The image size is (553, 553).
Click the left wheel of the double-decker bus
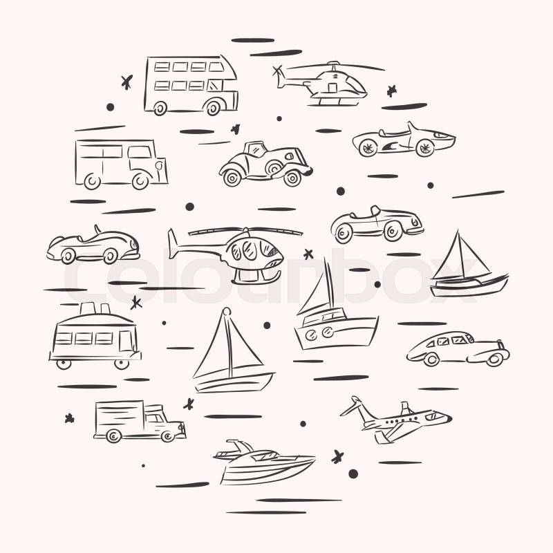(160, 109)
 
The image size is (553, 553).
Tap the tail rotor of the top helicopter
(278, 72)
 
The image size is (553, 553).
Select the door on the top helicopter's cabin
(332, 88)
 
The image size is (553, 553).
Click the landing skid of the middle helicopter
(256, 278)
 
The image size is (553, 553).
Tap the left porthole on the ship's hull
(312, 335)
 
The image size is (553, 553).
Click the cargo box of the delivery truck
(120, 418)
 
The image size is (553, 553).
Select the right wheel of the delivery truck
(167, 437)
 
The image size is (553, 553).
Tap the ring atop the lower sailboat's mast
(227, 312)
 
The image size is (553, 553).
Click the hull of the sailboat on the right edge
(469, 285)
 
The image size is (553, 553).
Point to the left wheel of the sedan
(431, 359)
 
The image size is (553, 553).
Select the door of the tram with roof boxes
(126, 341)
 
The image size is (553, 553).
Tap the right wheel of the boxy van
(140, 181)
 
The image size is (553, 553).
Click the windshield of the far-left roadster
(97, 229)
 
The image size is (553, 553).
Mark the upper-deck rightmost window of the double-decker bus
(216, 67)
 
